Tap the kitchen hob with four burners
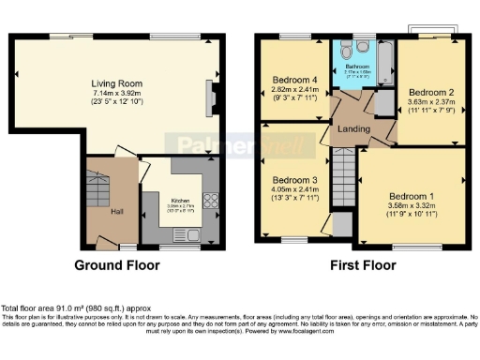click(209, 200)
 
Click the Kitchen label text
click(181, 200)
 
